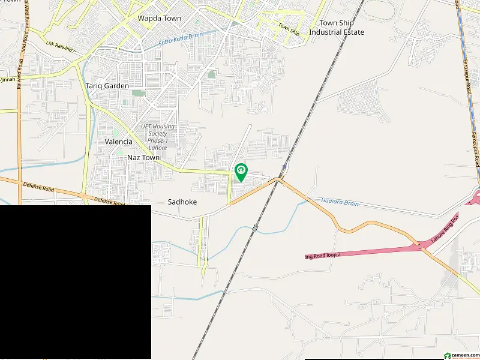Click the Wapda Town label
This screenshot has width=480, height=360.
tap(159, 19)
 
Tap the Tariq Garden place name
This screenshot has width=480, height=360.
tap(107, 86)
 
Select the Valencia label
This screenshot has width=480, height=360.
tap(118, 142)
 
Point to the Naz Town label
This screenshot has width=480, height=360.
tap(143, 158)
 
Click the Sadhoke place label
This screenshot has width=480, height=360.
tap(182, 203)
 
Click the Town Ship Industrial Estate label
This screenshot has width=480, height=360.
tap(337, 28)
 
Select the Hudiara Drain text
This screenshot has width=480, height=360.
tap(340, 203)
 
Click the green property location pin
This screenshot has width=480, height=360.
tap(241, 172)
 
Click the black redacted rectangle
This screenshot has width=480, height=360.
tap(75, 282)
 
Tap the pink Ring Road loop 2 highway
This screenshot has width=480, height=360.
tap(372, 251)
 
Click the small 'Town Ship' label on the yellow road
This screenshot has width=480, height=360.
tap(289, 28)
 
